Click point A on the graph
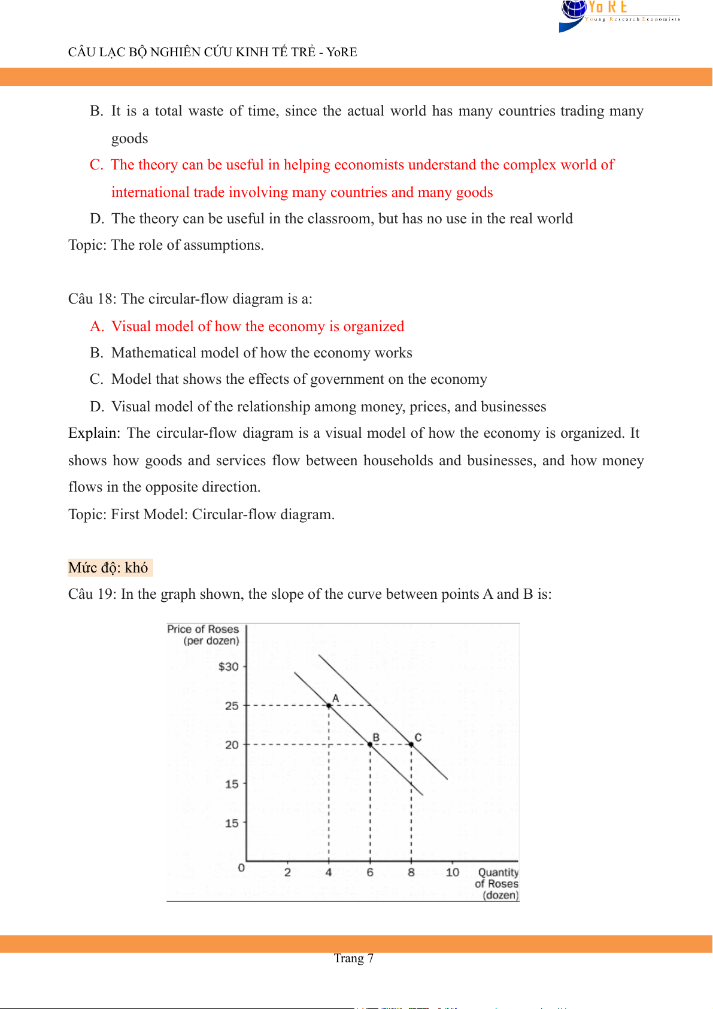pyautogui.click(x=329, y=705)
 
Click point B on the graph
pyautogui.click(x=370, y=744)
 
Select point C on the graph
pyautogui.click(x=411, y=744)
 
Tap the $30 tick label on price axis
pyautogui.click(x=229, y=666)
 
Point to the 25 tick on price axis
pyautogui.click(x=232, y=706)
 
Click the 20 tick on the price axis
pyautogui.click(x=232, y=745)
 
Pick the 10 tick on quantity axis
pyautogui.click(x=453, y=872)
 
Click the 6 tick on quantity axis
pyautogui.click(x=370, y=872)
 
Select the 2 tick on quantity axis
pyautogui.click(x=287, y=872)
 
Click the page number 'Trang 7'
pyautogui.click(x=353, y=958)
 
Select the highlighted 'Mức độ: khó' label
pyautogui.click(x=108, y=568)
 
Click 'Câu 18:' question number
pyautogui.click(x=92, y=299)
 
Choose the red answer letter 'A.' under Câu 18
pyautogui.click(x=97, y=326)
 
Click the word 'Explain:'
pyautogui.click(x=94, y=433)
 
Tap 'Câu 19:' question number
pyautogui.click(x=92, y=594)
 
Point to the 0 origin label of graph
pyautogui.click(x=241, y=868)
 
